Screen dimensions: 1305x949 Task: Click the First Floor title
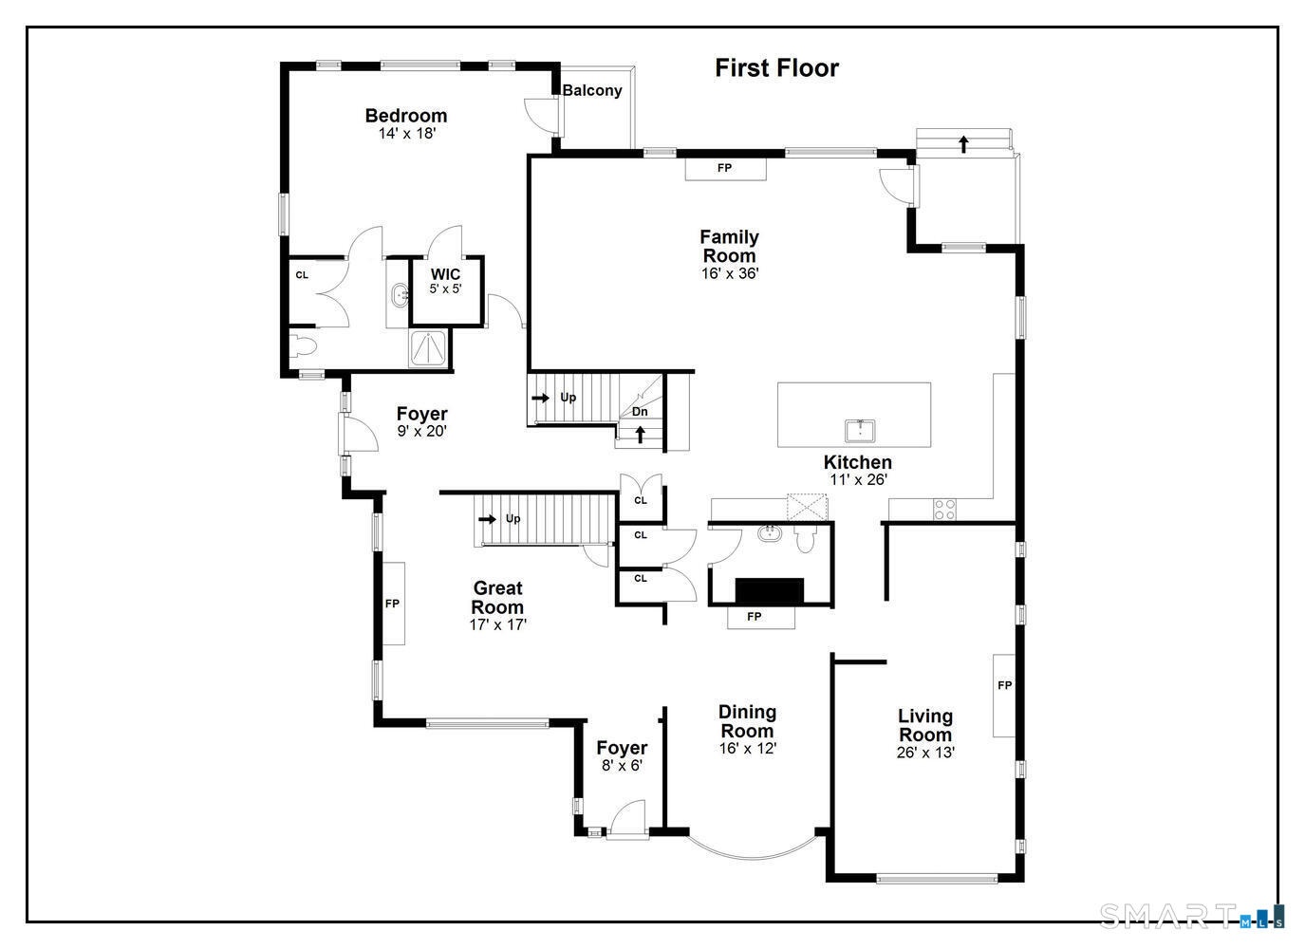coord(776,68)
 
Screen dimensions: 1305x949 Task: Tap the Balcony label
coord(592,90)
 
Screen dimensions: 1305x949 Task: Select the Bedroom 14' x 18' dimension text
coord(407,134)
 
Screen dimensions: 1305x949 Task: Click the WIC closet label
coord(446,274)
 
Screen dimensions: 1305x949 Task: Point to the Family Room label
coord(730,247)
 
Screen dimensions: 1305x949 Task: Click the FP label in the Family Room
coord(724,168)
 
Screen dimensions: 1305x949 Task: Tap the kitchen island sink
coord(860,431)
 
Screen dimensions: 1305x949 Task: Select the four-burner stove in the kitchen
coord(944,510)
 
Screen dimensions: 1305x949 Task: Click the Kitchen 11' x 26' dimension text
coord(858,479)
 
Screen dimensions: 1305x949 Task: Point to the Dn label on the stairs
coord(640,411)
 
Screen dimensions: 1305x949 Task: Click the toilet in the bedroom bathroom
coord(303,347)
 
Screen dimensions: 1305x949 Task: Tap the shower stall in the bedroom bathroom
coord(429,348)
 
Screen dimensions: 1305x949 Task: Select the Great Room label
coord(497,597)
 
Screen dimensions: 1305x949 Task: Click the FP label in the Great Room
coord(392,604)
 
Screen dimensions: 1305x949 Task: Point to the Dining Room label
coord(748,721)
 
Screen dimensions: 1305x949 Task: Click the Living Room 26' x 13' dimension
coord(925,753)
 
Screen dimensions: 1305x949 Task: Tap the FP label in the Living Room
coord(1005,686)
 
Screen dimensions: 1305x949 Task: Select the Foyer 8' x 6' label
coord(623,755)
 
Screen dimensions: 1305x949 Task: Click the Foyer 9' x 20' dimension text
coord(421,431)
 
